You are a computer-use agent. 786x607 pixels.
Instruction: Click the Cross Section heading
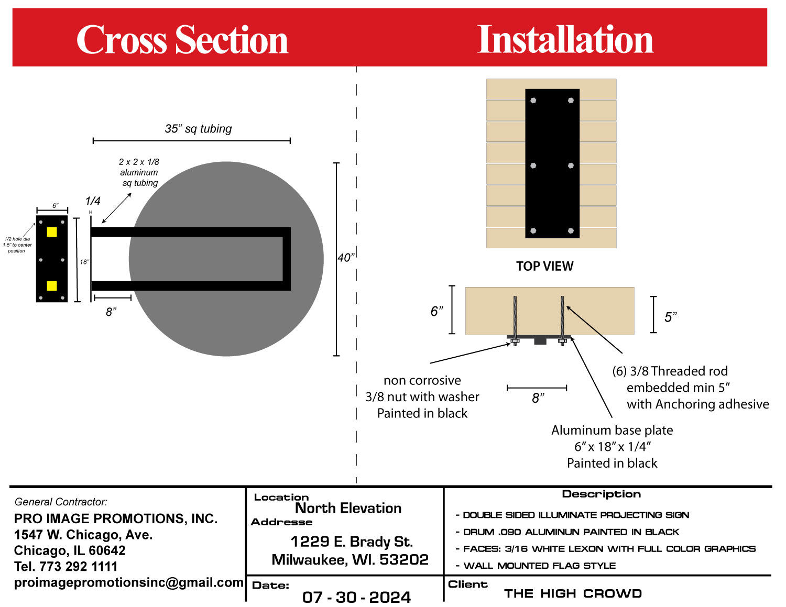coord(182,40)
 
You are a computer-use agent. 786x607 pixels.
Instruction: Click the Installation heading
coord(565,40)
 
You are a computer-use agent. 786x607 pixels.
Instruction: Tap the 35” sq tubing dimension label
coord(198,129)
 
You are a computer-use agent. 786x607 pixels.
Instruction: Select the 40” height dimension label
coord(345,258)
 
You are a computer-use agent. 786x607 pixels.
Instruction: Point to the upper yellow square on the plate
coord(52,231)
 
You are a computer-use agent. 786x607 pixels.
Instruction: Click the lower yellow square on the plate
coord(52,285)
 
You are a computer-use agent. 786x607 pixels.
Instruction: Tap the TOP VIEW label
coord(544,266)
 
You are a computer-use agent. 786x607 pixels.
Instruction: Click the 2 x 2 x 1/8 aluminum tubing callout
coord(139,172)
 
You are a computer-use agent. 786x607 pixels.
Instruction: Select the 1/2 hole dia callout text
coord(17,245)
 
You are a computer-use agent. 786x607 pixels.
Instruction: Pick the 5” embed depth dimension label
coord(670,317)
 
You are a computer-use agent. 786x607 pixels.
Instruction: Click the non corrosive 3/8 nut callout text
coord(422,396)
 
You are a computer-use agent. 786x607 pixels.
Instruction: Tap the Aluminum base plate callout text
coord(612,446)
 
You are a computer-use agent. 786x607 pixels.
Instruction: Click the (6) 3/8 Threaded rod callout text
coord(691,388)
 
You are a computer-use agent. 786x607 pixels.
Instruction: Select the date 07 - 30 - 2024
coord(356,597)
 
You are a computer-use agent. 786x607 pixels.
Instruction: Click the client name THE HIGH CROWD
coord(573,593)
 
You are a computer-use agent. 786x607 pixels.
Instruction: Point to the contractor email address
coord(128,582)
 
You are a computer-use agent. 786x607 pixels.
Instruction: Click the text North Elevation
coord(348,508)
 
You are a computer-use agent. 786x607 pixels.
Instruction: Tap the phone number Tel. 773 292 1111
coord(65,566)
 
